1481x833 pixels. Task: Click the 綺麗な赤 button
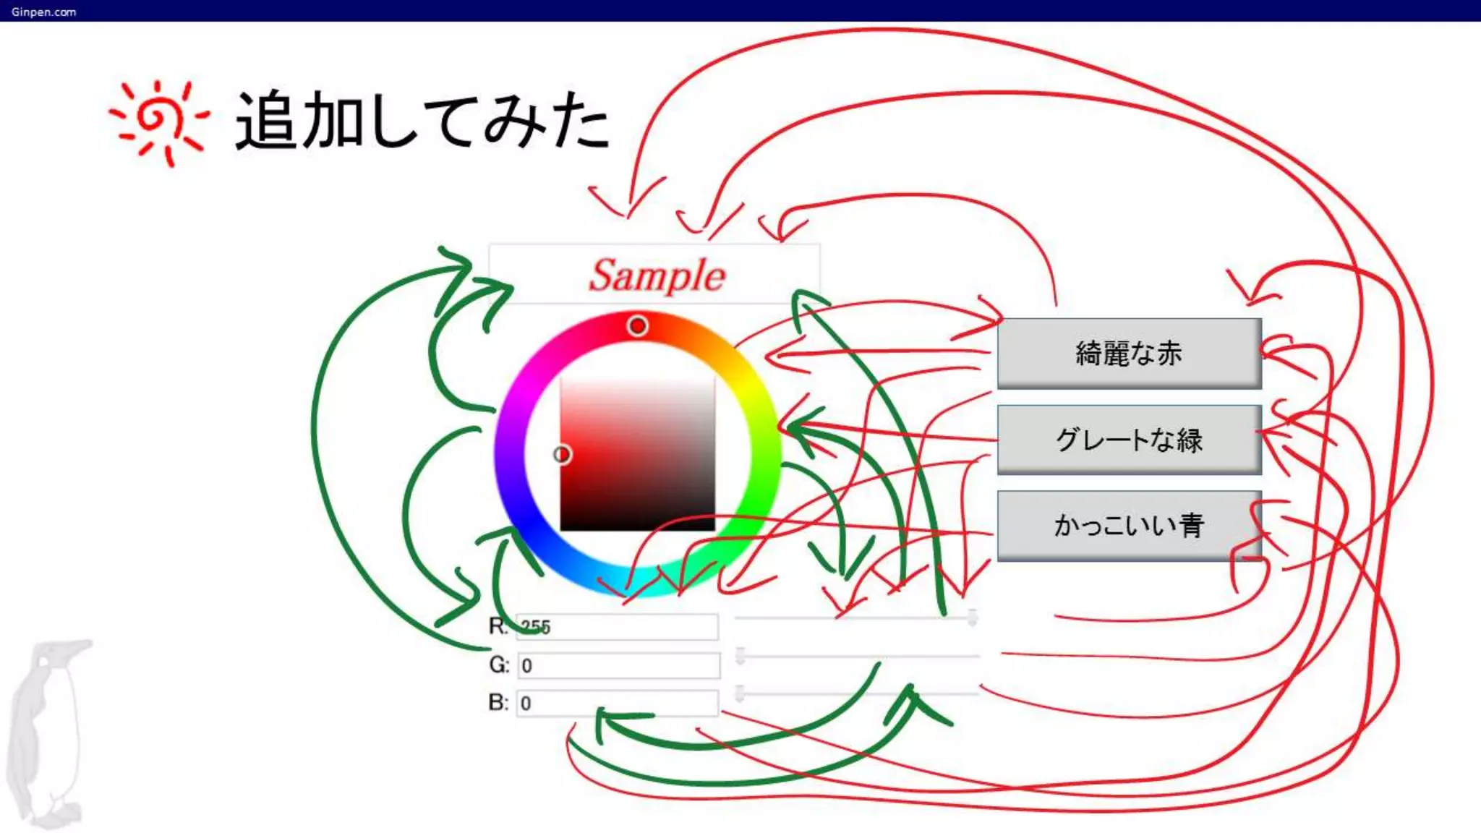point(1129,353)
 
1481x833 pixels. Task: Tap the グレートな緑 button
point(1129,439)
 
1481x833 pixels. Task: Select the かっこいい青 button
point(1129,525)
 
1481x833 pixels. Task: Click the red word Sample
point(656,275)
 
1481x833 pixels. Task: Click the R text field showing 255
point(617,627)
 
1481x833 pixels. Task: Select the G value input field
point(618,665)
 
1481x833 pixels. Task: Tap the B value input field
point(617,703)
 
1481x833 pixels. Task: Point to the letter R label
point(497,625)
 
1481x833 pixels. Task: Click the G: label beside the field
point(499,665)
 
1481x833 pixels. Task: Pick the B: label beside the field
point(498,702)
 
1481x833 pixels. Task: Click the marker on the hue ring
point(637,326)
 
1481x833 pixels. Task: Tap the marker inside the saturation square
point(562,454)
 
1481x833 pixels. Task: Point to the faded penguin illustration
point(48,730)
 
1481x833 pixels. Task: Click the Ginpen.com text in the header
point(43,12)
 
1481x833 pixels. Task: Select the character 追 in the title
point(266,121)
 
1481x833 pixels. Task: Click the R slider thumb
point(973,618)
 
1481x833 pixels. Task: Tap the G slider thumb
point(740,656)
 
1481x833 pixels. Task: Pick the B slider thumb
point(740,693)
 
